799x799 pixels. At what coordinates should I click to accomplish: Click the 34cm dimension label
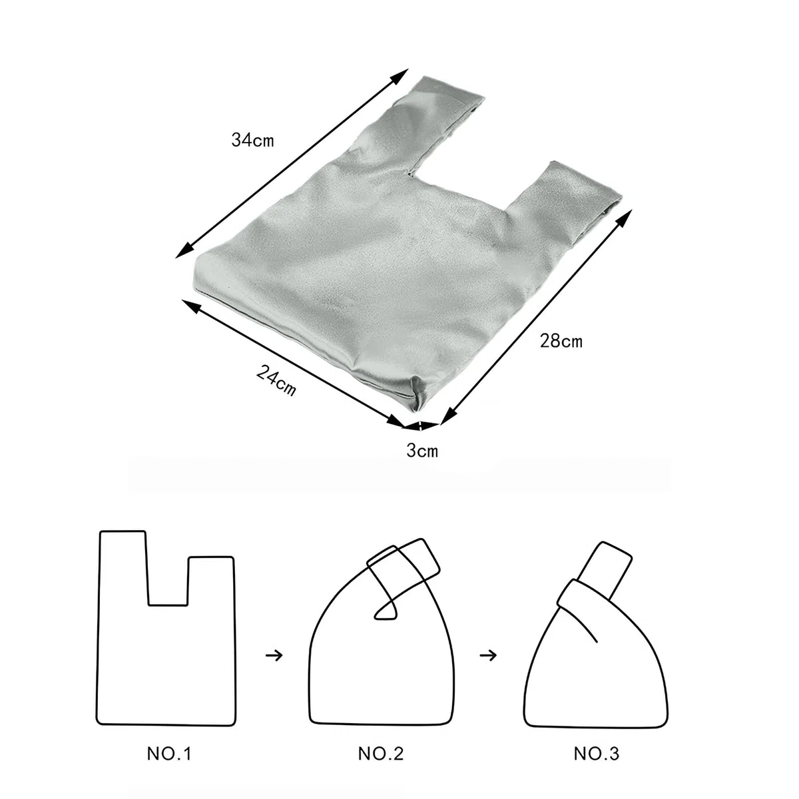pos(252,140)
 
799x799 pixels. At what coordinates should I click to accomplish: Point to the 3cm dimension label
pos(422,450)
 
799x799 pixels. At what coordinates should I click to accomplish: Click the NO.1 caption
pos(169,753)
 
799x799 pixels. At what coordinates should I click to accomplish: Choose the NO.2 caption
pos(381,753)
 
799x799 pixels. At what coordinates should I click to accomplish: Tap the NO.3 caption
pos(596,753)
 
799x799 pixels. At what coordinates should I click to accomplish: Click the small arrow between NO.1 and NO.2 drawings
pos(274,656)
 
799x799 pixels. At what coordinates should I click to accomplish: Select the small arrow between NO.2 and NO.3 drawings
pos(488,656)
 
